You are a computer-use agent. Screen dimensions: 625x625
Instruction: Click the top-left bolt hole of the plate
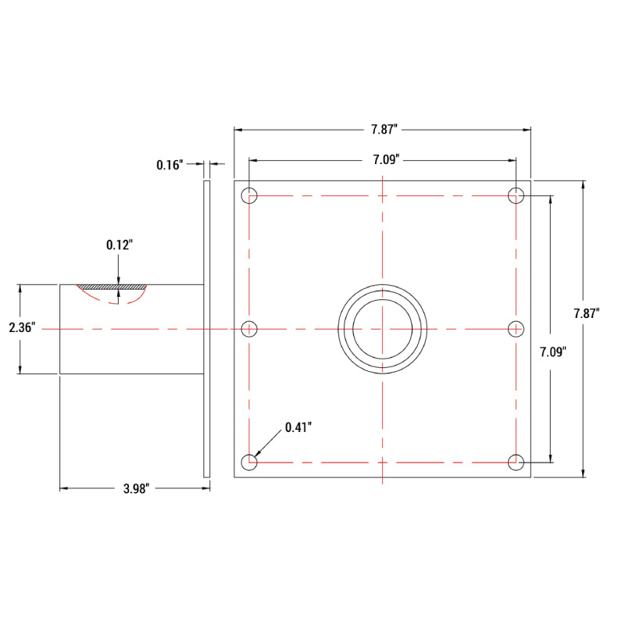tap(249, 195)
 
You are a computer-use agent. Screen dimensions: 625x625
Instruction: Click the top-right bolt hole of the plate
tap(516, 195)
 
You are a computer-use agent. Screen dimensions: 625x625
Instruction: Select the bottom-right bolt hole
tap(516, 462)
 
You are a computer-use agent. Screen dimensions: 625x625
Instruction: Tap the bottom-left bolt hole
tap(249, 462)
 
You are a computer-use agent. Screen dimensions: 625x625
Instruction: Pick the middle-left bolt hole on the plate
tap(249, 329)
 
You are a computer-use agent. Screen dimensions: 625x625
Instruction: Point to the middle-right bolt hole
tap(516, 329)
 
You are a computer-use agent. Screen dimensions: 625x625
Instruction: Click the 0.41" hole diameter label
tap(298, 427)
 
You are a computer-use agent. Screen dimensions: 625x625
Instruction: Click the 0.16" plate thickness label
tap(170, 165)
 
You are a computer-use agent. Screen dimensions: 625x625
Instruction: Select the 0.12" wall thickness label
tap(120, 245)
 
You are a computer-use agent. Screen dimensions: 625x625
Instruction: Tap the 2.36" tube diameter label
tap(22, 328)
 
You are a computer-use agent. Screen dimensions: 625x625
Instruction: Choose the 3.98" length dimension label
tap(136, 489)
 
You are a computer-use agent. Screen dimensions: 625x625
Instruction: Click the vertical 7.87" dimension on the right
tap(586, 313)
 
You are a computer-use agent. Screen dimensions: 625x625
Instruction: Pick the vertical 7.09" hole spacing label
tap(552, 352)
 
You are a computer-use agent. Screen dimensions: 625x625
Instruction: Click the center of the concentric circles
tap(382, 329)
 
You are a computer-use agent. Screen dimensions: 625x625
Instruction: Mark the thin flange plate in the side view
tap(207, 328)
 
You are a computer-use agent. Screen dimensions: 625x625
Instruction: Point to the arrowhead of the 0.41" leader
tap(256, 456)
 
